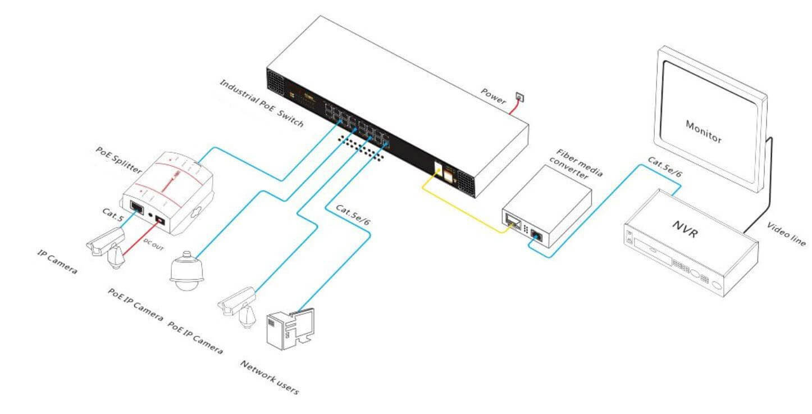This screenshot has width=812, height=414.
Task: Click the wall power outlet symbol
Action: click(x=521, y=98)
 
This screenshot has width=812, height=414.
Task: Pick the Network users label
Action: click(x=270, y=377)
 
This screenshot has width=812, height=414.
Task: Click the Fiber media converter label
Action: click(x=578, y=163)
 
